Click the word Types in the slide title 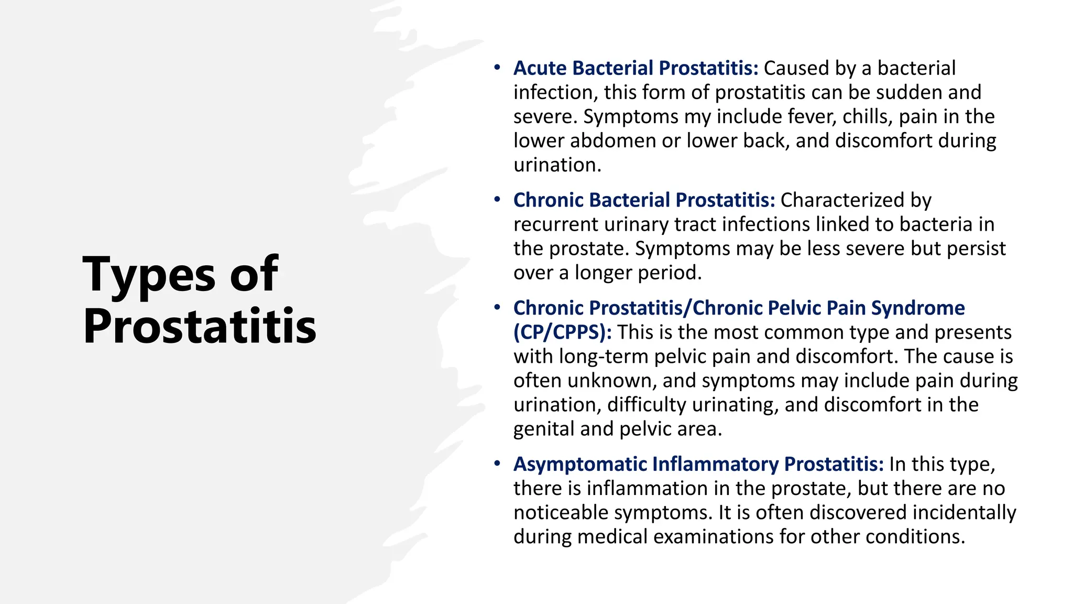click(x=149, y=274)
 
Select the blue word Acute click(x=540, y=68)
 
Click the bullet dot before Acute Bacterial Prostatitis click(x=497, y=68)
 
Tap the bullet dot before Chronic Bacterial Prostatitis click(x=497, y=200)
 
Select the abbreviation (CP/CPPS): click(x=562, y=332)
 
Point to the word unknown click(x=611, y=381)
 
